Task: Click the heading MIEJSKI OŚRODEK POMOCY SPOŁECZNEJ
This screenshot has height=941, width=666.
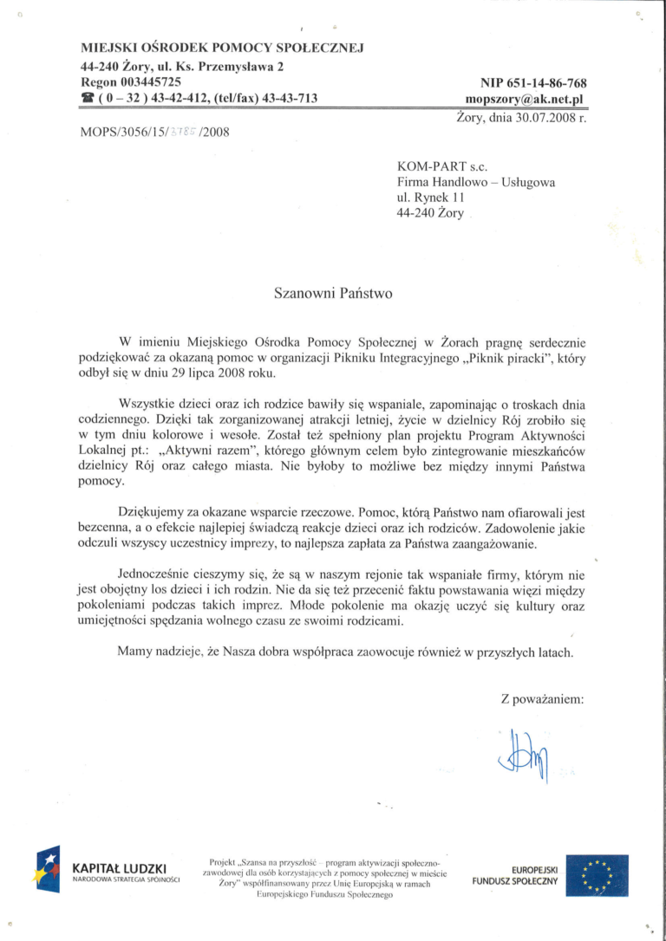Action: pyautogui.click(x=221, y=47)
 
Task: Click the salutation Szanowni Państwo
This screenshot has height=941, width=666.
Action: pyautogui.click(x=333, y=293)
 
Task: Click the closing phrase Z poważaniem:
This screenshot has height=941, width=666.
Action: pyautogui.click(x=542, y=699)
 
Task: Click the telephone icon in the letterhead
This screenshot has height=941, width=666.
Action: pyautogui.click(x=87, y=99)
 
